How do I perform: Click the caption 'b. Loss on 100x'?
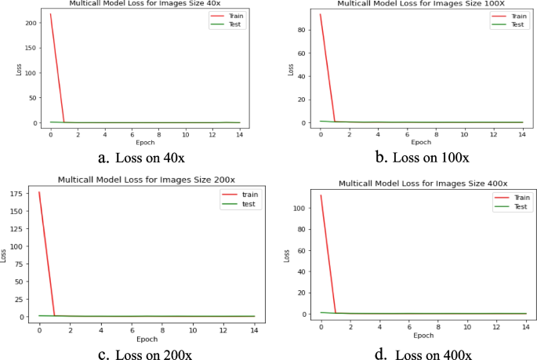423,158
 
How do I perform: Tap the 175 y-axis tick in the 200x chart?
24,192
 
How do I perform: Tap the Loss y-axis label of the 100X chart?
291,68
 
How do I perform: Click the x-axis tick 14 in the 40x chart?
238,133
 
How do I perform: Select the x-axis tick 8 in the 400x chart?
437,325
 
